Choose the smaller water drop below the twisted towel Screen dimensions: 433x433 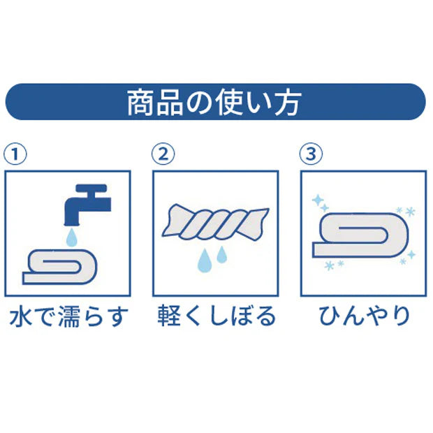click(222, 255)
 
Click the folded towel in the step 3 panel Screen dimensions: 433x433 click(362, 233)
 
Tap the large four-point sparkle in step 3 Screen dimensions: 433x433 click(321, 202)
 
